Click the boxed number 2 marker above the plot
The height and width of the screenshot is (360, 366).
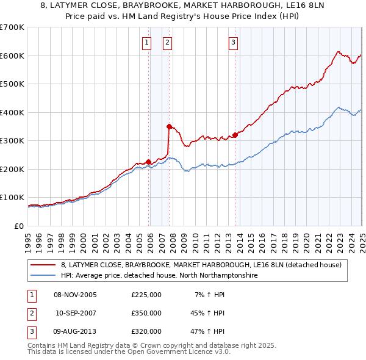[x=167, y=43]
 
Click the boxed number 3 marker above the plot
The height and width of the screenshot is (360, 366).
[x=234, y=43]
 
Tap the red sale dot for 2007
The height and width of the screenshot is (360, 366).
[x=169, y=126]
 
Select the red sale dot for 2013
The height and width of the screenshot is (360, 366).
[x=235, y=135]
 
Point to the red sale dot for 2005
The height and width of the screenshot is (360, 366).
[x=148, y=162]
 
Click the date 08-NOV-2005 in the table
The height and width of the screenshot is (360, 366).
[x=76, y=295]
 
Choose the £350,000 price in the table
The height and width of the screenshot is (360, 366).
[x=146, y=313]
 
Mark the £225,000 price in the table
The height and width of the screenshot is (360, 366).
[x=146, y=295]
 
